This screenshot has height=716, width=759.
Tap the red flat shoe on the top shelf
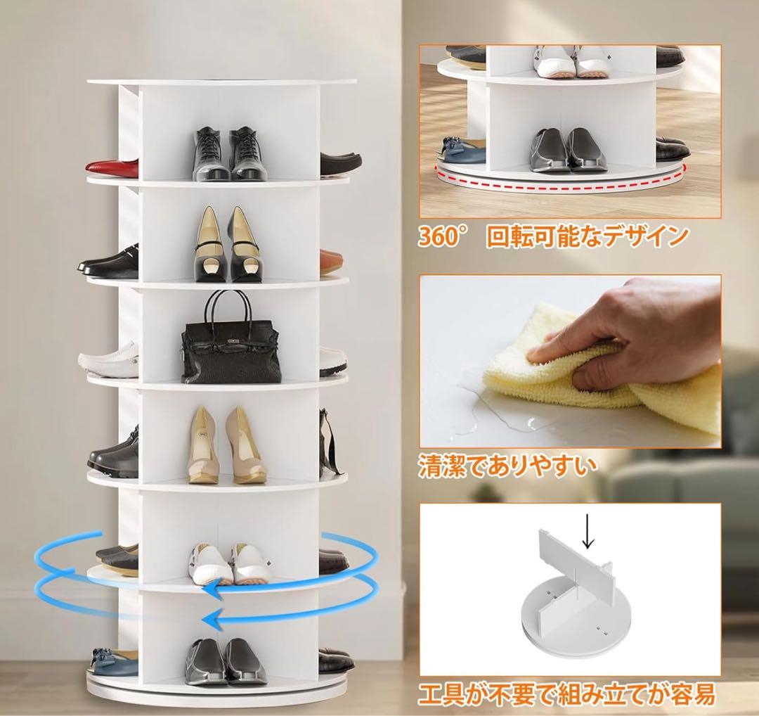coord(112,168)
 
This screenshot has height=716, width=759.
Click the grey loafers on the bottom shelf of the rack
coord(226,662)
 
